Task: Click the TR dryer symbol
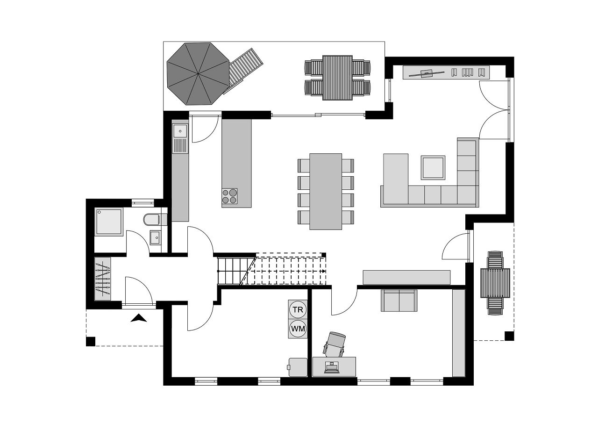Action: (x=298, y=310)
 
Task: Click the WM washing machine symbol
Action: (x=298, y=329)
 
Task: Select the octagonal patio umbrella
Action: (x=198, y=74)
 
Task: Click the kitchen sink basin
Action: (x=180, y=131)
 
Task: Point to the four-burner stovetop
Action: (x=229, y=196)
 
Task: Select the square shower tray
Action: (x=109, y=222)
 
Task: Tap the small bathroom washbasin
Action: (x=155, y=237)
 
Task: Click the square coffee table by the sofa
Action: (x=433, y=168)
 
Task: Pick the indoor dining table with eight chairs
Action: (x=326, y=192)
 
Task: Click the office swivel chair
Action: (x=335, y=344)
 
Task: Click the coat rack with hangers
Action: (x=103, y=279)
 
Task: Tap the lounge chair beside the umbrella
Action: (x=243, y=71)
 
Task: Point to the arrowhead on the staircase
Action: (x=324, y=271)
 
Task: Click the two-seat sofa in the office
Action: (x=399, y=301)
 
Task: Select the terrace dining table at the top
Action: (x=337, y=78)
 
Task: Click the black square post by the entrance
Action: (x=91, y=342)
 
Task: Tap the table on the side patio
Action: (x=495, y=283)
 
